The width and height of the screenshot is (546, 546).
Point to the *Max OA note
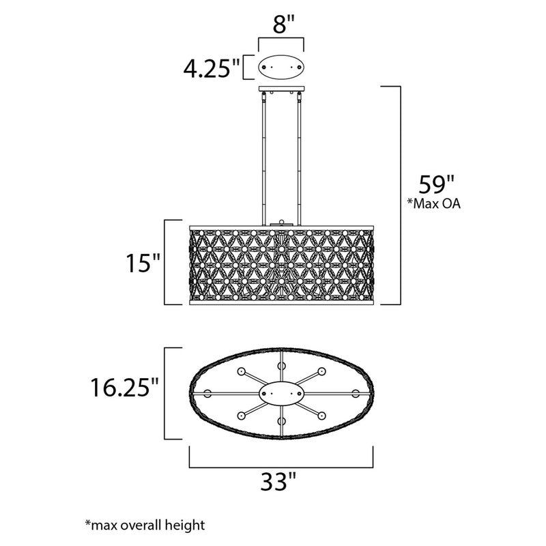(x=434, y=203)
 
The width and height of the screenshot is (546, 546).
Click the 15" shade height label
(x=143, y=263)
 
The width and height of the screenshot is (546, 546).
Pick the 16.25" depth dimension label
(x=124, y=387)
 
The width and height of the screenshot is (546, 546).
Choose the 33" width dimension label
(x=278, y=482)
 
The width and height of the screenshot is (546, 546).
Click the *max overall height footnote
(x=145, y=524)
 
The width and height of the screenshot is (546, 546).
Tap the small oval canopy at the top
(x=281, y=67)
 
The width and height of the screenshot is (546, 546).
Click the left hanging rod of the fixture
(x=263, y=158)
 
